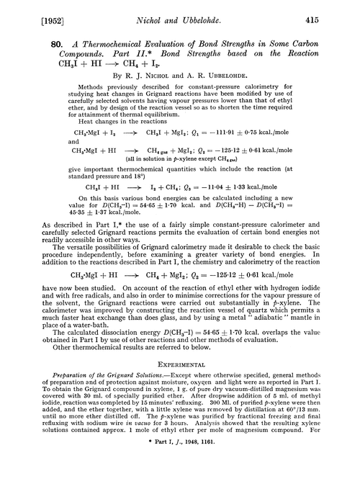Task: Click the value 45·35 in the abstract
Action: pos(45,213)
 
